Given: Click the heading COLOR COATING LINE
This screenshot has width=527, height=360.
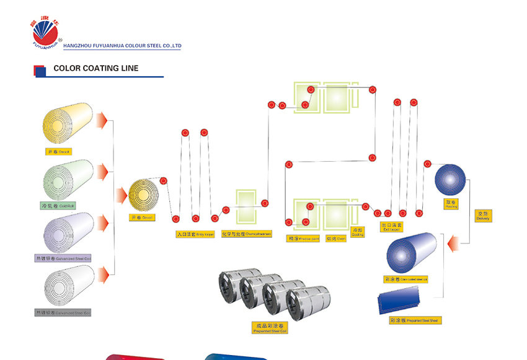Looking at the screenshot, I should click(96, 69).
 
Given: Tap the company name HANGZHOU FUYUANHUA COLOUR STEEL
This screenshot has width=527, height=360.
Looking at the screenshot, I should click(122, 46).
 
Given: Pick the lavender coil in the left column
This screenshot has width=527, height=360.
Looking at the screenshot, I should click(68, 232).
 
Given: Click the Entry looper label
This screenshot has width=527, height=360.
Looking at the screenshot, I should click(195, 235).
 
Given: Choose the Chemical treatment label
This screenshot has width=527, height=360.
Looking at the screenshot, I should click(246, 235).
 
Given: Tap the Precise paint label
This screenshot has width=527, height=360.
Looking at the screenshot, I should click(304, 238).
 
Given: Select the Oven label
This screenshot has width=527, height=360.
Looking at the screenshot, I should click(335, 238).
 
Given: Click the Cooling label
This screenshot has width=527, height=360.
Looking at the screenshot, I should click(358, 232).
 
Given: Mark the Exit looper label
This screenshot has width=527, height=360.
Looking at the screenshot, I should click(392, 227).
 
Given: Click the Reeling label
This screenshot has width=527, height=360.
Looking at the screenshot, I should click(451, 204).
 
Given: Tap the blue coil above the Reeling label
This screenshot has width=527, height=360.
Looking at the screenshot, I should click(450, 180).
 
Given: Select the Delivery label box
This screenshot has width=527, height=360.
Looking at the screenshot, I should click(483, 216).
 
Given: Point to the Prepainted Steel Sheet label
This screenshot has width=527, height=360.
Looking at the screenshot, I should click(415, 320).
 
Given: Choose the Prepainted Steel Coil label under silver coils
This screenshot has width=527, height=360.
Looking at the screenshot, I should click(270, 328).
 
